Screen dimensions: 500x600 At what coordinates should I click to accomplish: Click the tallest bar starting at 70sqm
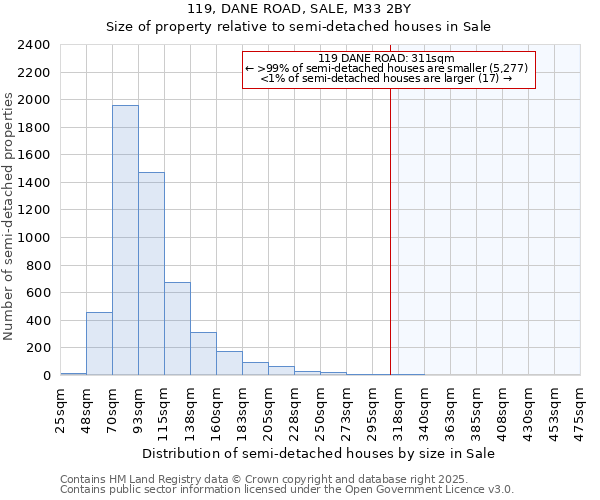click(x=125, y=240)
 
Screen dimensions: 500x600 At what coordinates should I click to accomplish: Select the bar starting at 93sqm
click(x=151, y=274)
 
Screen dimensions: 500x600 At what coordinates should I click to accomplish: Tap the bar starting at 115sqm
click(x=177, y=329)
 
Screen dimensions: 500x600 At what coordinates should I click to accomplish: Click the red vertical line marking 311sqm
click(x=390, y=220)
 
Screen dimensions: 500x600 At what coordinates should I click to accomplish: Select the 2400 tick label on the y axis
click(x=34, y=45)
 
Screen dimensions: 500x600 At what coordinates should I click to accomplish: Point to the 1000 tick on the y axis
click(x=34, y=238)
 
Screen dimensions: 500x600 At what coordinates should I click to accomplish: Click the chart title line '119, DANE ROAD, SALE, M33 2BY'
click(x=299, y=9)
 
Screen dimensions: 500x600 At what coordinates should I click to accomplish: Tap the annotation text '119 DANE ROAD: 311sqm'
click(x=387, y=58)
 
